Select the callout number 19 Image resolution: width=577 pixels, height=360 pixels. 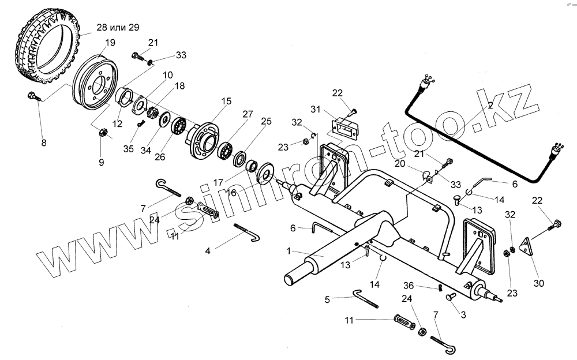pyautogui.click(x=110, y=43)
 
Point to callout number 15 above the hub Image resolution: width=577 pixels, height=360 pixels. pyautogui.click(x=226, y=101)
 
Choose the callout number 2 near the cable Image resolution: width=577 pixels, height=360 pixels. pyautogui.click(x=489, y=105)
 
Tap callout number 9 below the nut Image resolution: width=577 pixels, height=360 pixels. pyautogui.click(x=102, y=163)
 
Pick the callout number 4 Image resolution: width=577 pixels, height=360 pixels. pyautogui.click(x=208, y=250)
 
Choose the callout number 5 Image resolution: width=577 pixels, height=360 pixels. pyautogui.click(x=327, y=299)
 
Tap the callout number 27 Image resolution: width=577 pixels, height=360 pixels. pyautogui.click(x=248, y=114)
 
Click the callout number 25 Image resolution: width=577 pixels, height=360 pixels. pyautogui.click(x=266, y=121)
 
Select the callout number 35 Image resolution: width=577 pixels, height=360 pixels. pyautogui.click(x=128, y=148)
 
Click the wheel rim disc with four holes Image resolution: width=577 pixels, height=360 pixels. pyautogui.click(x=96, y=85)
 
